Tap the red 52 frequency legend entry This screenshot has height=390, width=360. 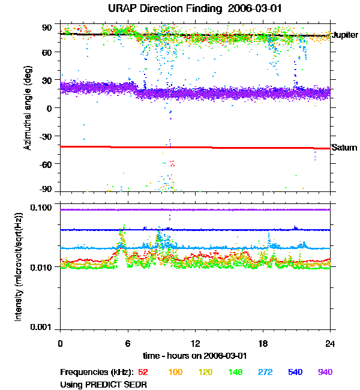(144, 372)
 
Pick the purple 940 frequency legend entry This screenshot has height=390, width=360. (325, 372)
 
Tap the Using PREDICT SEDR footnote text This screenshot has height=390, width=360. (104, 383)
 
